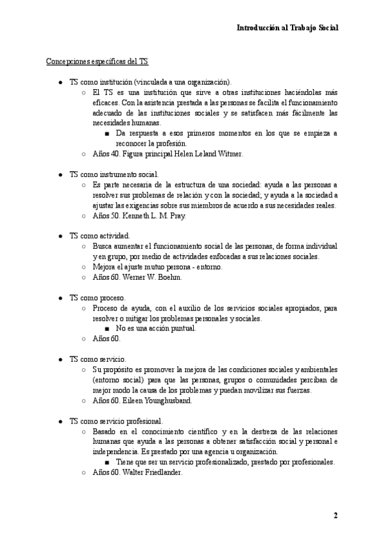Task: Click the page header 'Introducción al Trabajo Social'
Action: [x=287, y=28]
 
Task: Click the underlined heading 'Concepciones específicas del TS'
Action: [x=97, y=62]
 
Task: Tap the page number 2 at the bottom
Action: [x=335, y=515]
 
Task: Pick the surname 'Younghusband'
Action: [x=171, y=401]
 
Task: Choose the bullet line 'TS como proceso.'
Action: [x=98, y=298]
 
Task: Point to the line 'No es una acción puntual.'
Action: [x=156, y=328]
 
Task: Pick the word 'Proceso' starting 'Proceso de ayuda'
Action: [x=107, y=309]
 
